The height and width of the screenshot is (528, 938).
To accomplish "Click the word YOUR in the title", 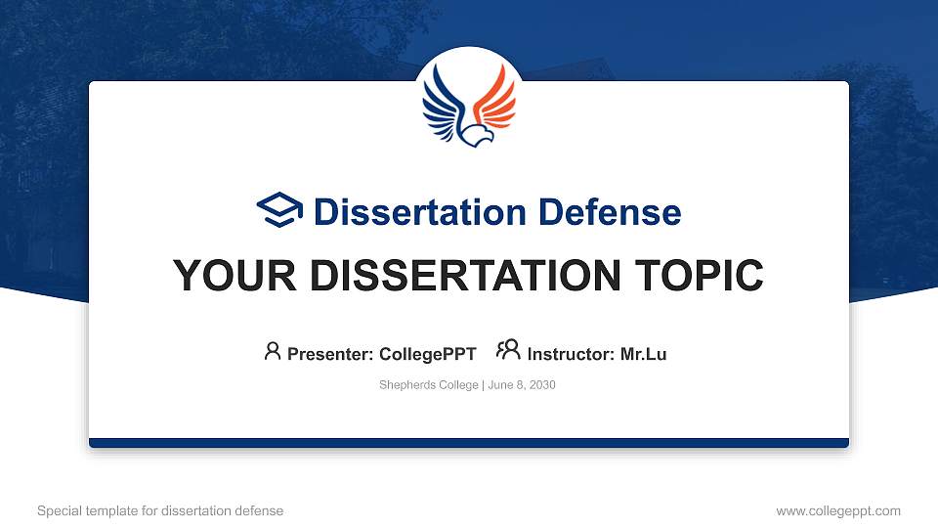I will point(221,276).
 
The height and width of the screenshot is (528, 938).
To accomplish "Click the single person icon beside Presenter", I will point(273,351).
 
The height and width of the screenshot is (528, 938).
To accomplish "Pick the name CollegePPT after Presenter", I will point(427,354).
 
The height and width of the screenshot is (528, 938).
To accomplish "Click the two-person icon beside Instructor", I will point(508,350).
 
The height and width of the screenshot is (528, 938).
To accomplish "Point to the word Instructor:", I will point(571,354).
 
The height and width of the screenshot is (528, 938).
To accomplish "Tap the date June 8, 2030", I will point(521,385).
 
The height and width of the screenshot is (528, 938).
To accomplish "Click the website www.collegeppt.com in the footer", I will point(837,510).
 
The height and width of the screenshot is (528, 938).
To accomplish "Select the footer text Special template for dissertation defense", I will point(160,510).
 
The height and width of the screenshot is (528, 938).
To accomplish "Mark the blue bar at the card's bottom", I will point(469,443).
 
